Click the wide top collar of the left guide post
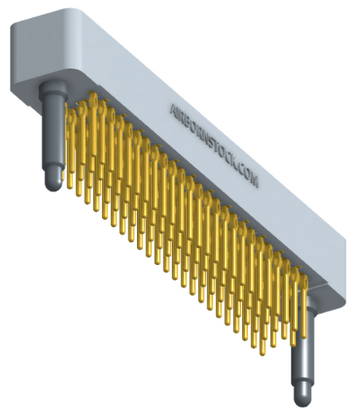click(x=52, y=89)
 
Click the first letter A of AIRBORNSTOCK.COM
click(x=174, y=109)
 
